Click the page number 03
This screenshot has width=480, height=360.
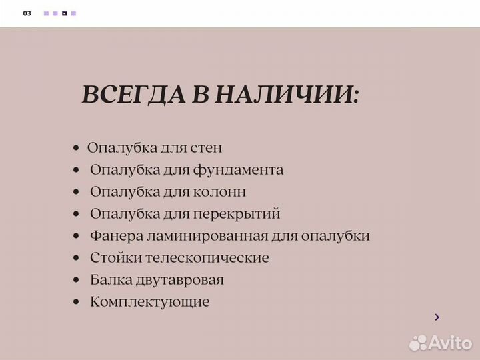tap(27, 13)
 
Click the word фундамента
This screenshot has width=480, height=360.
tap(239, 170)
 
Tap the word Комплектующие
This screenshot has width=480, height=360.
tap(149, 302)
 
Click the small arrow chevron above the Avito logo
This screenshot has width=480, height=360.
tap(437, 317)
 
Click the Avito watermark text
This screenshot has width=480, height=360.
tap(450, 343)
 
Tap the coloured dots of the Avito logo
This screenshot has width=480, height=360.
tap(418, 343)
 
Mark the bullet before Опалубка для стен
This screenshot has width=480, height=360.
tap(77, 148)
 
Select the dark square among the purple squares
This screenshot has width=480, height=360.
tap(64, 13)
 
